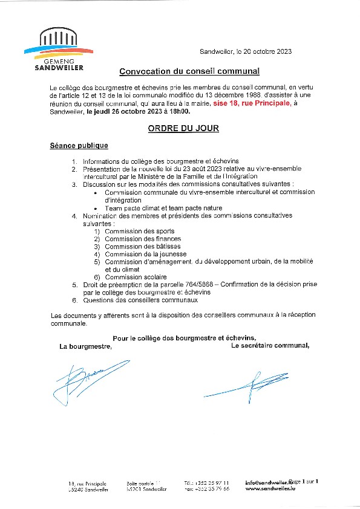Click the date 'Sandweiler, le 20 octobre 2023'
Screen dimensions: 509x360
(x=246, y=51)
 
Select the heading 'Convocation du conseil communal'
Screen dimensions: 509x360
(x=189, y=71)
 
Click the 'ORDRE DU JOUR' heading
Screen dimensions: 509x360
(x=183, y=129)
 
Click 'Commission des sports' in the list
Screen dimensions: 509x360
(x=139, y=231)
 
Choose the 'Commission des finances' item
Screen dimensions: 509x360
(x=143, y=239)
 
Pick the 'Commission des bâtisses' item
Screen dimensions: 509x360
(x=142, y=247)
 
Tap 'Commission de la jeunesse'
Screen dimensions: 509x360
(x=145, y=254)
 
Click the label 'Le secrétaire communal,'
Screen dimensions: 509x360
(x=270, y=346)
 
